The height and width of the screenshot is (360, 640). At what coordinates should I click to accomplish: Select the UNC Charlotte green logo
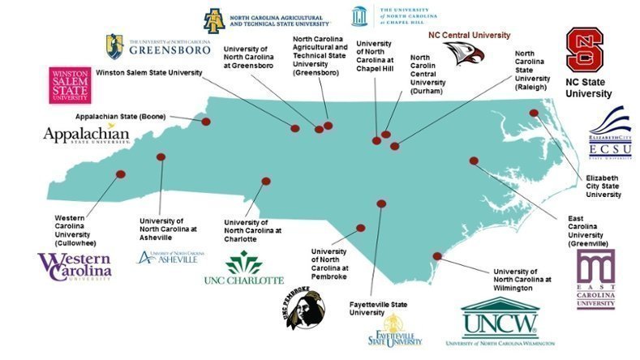(243, 268)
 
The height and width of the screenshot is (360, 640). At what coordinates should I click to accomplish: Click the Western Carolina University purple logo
(75, 266)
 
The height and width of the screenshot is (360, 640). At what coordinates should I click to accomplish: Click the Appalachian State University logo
(86, 134)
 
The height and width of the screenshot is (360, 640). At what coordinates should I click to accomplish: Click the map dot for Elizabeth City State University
(534, 114)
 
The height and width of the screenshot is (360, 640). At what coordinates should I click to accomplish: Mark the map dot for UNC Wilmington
(436, 256)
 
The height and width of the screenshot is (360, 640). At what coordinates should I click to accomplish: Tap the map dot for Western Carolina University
(121, 174)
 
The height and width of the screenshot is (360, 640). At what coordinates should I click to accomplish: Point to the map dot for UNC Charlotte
(264, 182)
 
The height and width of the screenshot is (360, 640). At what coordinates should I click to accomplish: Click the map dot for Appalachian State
(206, 122)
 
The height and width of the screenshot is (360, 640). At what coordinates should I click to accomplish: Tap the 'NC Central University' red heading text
(469, 35)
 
